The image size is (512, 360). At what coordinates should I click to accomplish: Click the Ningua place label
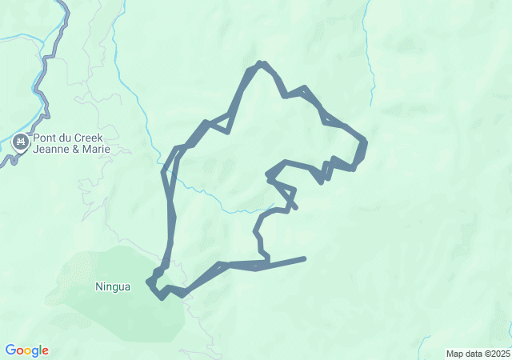point(112,286)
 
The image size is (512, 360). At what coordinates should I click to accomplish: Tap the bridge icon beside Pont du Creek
point(21,143)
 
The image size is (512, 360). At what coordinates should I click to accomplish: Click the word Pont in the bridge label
point(46,138)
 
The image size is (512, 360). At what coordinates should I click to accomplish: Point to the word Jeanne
point(54,150)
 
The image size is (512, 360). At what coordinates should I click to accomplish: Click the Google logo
point(26,350)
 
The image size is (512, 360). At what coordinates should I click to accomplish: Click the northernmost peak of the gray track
point(260,62)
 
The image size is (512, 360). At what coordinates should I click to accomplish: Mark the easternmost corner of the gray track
point(365,142)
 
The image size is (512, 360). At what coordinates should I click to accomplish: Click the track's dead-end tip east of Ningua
point(304,258)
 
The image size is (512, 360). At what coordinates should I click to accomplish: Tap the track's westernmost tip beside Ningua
point(148,282)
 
